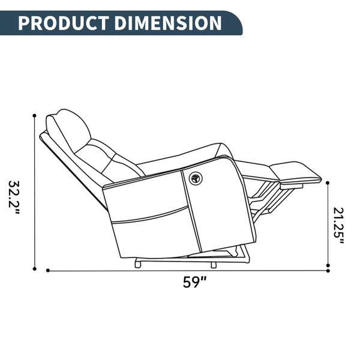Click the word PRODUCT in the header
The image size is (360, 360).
64,23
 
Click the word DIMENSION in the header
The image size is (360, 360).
168,23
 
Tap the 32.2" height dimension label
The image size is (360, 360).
14,197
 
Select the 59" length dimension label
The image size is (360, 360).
194,282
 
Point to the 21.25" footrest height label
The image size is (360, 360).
338,226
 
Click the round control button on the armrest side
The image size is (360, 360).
196,178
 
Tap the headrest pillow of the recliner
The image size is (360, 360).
68,130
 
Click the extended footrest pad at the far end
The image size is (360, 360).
296,173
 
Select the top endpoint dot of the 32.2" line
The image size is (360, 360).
35,115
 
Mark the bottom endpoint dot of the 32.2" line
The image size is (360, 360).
35,269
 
